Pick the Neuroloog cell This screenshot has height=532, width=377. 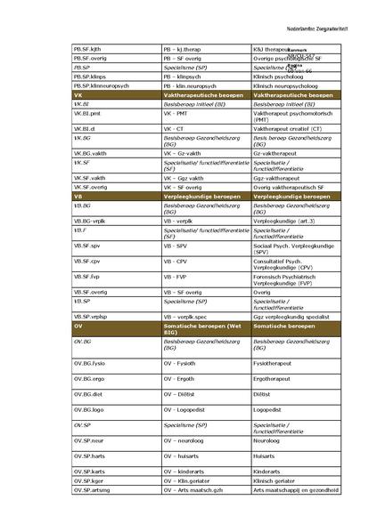[x=268, y=440]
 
